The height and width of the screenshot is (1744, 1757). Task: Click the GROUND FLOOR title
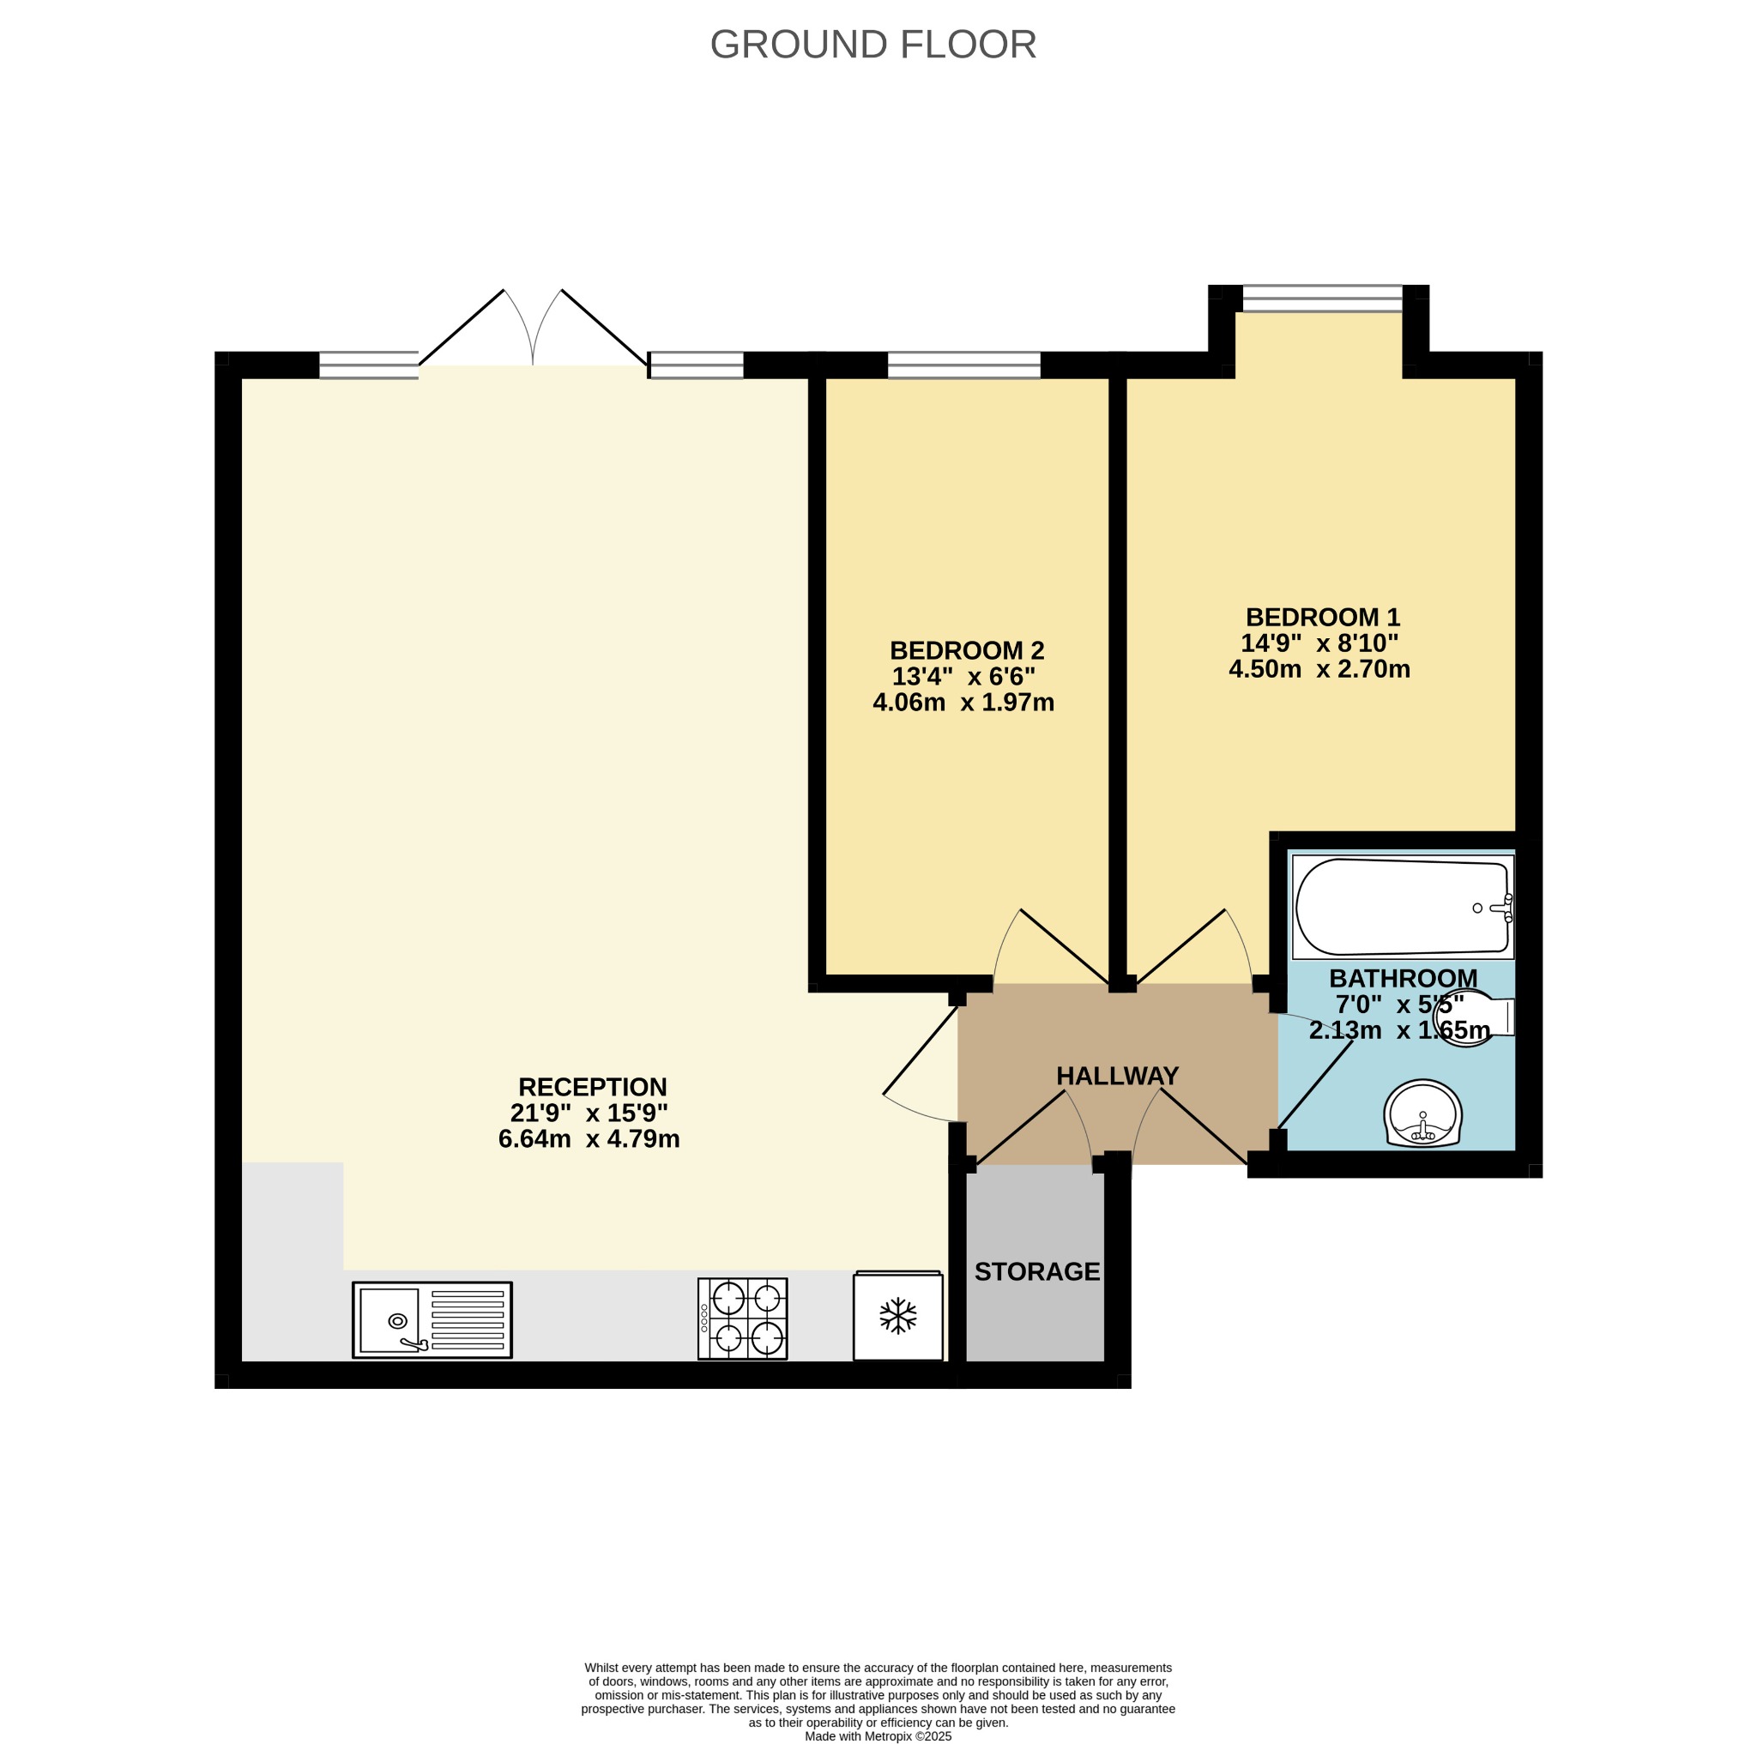coord(872,45)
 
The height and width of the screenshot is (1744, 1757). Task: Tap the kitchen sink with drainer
coord(432,1319)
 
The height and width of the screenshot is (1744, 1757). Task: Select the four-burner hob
coord(742,1319)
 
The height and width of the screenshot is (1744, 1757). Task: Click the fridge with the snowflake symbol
coord(897,1315)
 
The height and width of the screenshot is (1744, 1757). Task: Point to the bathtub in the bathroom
coord(1403,907)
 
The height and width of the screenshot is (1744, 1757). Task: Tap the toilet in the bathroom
coord(1473,1018)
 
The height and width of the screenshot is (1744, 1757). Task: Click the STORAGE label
coord(1036,1271)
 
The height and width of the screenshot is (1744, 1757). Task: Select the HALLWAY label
coord(1117,1076)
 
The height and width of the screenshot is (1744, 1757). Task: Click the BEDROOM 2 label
coord(967,650)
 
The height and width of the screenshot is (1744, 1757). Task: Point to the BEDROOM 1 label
coord(1322,617)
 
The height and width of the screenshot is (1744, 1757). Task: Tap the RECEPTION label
coord(592,1087)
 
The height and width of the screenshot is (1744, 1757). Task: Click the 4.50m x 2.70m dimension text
coord(1319,669)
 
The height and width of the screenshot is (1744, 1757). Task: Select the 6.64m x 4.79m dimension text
coord(589,1138)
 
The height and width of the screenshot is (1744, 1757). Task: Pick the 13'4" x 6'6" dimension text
coord(963,677)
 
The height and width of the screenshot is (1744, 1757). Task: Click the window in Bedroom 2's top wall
coord(963,365)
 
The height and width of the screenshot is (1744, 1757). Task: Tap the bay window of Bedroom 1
coord(1322,299)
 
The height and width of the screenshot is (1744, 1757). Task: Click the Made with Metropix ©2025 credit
coord(878,1735)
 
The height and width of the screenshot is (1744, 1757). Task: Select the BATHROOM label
coord(1404,979)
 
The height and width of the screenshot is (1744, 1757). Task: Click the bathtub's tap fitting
coord(1501,908)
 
